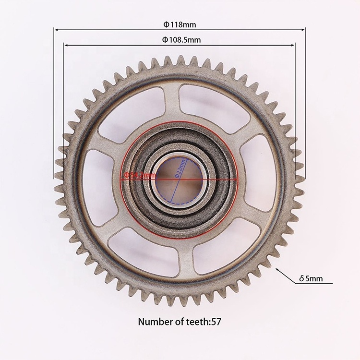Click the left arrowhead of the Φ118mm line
point(56,30)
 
